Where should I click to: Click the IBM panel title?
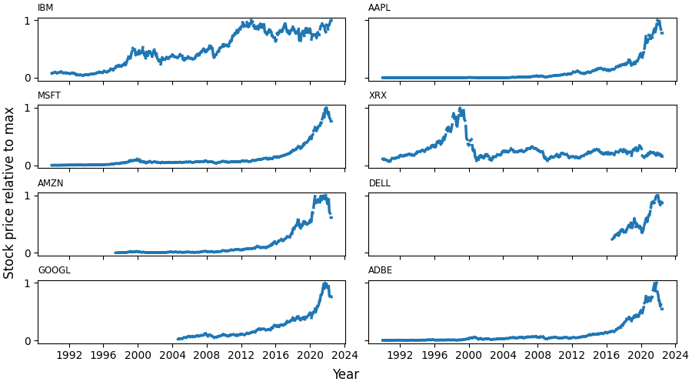point(45,8)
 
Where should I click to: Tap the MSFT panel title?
point(48,96)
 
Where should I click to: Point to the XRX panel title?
point(378,96)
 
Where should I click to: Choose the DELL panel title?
point(380,183)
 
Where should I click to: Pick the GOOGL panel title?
point(54,271)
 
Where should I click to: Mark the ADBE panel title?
point(381,271)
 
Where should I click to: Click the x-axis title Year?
point(345,374)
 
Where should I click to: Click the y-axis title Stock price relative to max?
point(9,192)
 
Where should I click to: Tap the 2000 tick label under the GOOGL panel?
point(138,355)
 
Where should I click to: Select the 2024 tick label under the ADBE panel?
point(675,355)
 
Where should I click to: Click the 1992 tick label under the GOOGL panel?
point(69,355)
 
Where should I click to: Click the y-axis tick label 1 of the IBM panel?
point(28,21)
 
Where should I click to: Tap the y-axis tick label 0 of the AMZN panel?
point(28,253)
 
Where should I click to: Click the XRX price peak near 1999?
point(460,109)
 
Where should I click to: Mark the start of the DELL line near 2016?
point(612,239)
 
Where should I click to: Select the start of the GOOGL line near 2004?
point(178,339)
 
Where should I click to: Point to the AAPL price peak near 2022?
point(658,21)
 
